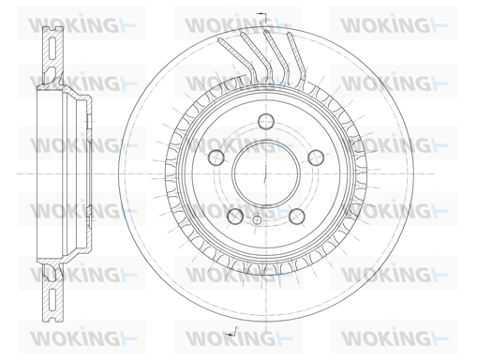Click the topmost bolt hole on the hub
click(x=266, y=121)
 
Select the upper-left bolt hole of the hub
click(x=216, y=157)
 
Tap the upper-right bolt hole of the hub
click(x=316, y=157)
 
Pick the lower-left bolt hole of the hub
click(x=235, y=216)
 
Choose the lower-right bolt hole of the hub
click(x=297, y=216)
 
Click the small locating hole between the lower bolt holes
click(x=257, y=219)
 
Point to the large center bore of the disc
click(x=266, y=173)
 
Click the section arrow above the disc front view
click(x=261, y=17)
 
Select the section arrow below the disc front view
click(x=232, y=332)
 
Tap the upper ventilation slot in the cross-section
click(x=52, y=48)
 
